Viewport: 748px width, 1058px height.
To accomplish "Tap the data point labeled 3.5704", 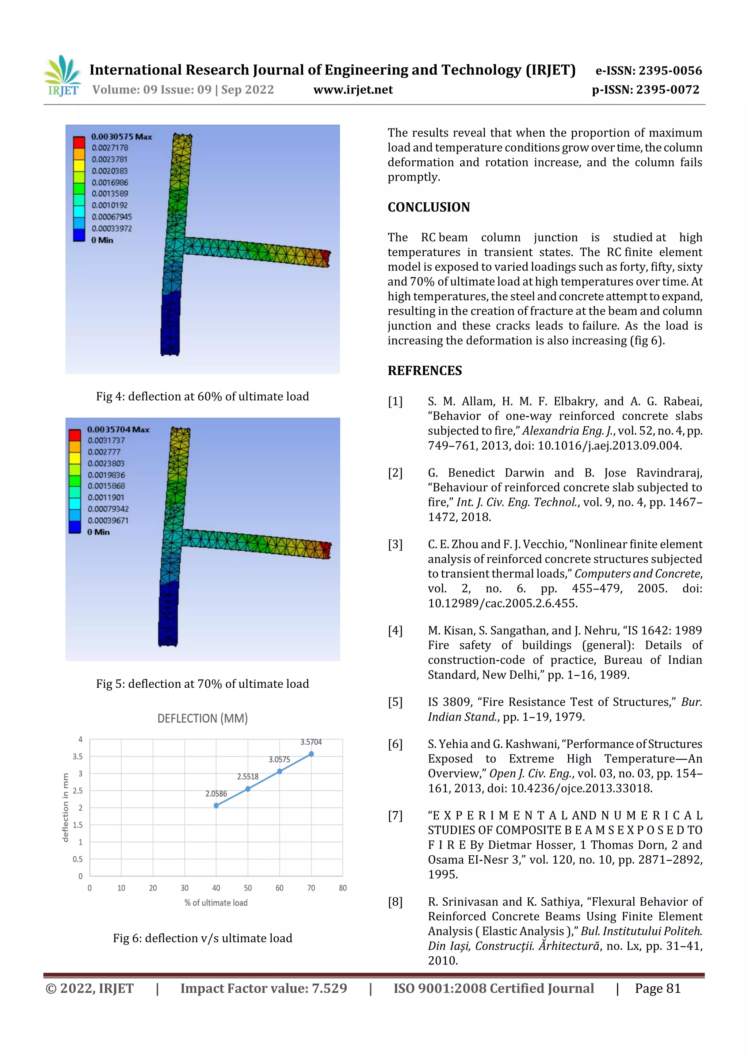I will click(311, 754).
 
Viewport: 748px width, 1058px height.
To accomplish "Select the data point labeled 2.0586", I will click(216, 806).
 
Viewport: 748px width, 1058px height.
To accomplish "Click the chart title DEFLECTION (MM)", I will click(202, 718).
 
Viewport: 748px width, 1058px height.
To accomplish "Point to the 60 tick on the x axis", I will click(279, 888).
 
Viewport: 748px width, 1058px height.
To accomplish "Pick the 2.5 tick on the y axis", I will click(78, 791).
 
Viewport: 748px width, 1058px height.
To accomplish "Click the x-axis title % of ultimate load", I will click(216, 903).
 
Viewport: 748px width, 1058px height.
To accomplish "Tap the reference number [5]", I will click(395, 702).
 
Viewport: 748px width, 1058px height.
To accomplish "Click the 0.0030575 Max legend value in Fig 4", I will click(121, 136).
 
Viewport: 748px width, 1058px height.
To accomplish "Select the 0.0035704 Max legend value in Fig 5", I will click(118, 429).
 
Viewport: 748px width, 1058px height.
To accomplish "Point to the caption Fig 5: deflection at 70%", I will click(202, 684).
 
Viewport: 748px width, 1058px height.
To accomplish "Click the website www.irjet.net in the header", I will click(353, 90).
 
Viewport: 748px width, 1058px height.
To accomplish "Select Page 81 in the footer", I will click(658, 988).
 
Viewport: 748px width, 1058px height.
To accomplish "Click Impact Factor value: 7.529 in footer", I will click(263, 988).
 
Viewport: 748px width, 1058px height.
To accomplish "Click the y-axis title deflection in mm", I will click(65, 807).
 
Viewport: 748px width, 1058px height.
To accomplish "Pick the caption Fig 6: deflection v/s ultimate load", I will click(202, 938).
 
